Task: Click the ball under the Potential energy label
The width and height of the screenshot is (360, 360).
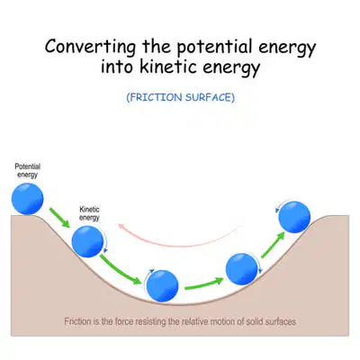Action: [28, 199]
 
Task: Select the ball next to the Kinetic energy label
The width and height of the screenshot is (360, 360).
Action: [87, 241]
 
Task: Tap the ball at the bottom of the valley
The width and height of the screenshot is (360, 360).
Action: [163, 286]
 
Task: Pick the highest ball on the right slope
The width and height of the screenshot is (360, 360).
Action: [294, 217]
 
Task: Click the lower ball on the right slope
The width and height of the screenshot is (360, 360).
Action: [241, 269]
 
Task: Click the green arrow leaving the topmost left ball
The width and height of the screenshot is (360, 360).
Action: [59, 218]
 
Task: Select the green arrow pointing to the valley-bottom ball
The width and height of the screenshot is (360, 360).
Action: [121, 269]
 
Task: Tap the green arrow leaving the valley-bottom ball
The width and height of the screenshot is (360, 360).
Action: [204, 283]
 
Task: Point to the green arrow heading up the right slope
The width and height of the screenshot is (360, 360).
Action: [273, 245]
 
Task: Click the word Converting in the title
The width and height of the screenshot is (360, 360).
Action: [90, 47]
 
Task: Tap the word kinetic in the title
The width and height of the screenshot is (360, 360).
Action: [169, 67]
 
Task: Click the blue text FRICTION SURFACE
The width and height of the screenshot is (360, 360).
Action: [181, 97]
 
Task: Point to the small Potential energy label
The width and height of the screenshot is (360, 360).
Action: [28, 170]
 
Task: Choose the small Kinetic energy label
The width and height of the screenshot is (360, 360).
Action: [89, 213]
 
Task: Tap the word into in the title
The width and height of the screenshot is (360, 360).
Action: [117, 67]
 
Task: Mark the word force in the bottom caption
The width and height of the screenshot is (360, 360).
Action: [123, 321]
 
